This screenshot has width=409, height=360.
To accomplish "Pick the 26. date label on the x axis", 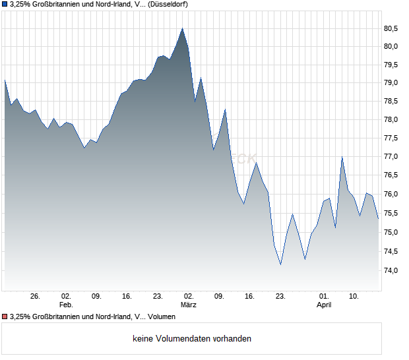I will point(36,297).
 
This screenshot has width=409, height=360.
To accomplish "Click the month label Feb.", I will point(65,305).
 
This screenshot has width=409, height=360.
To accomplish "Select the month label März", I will point(189,305).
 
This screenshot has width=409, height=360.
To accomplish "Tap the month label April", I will point(324,305).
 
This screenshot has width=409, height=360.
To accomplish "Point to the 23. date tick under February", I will point(158,297).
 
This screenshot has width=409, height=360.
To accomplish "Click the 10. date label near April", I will point(354,297).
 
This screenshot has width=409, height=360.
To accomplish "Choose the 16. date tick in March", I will point(249,297).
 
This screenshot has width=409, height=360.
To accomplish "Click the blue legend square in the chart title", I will point(5,5).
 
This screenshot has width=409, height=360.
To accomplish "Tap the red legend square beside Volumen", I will point(5,317).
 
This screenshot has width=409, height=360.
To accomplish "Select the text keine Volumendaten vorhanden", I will point(192,339).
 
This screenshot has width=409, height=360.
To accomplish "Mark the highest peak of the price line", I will point(182,28).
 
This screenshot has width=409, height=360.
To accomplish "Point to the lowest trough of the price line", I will point(280,264).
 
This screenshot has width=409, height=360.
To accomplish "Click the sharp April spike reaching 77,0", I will point(342,157).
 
